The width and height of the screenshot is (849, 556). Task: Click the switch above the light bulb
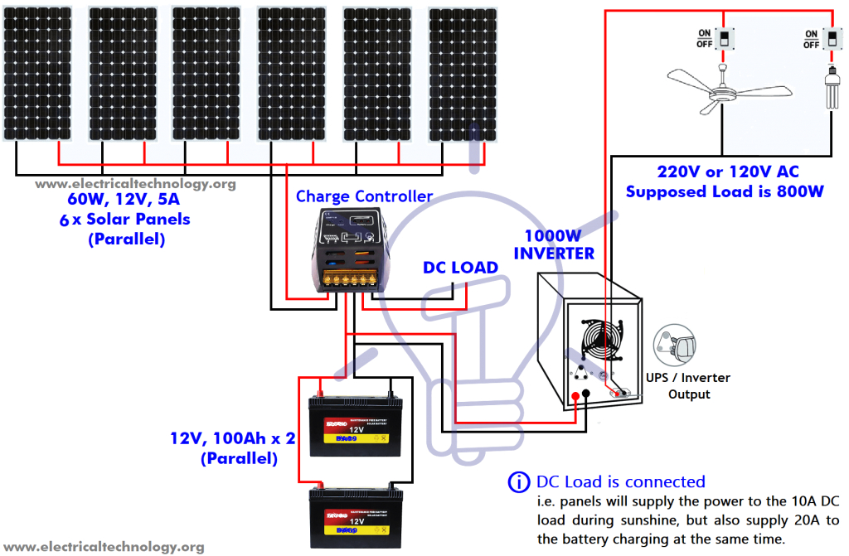click(832, 37)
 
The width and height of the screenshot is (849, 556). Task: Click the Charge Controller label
click(364, 196)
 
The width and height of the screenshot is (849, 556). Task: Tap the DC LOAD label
click(460, 268)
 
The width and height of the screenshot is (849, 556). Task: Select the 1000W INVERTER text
click(554, 244)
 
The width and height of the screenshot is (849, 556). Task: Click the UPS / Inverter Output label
click(688, 385)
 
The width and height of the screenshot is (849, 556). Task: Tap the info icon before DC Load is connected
click(520, 482)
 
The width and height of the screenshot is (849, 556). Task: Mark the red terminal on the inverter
click(575, 394)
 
